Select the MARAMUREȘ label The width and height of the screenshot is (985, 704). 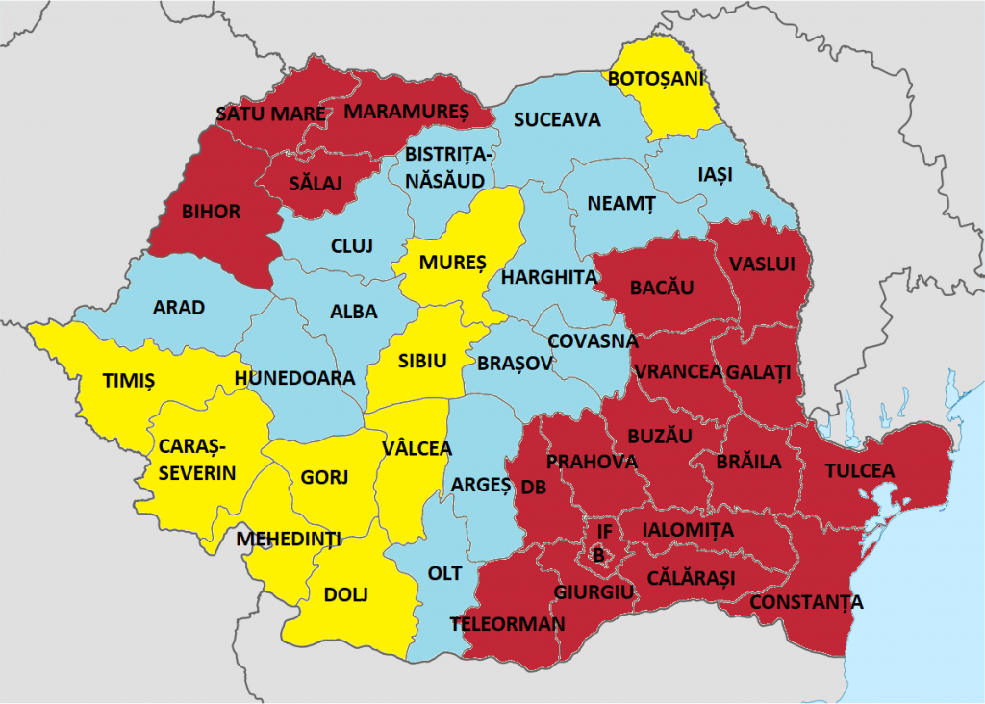406,112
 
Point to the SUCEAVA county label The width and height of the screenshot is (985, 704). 556,120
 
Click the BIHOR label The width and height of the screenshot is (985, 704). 211,212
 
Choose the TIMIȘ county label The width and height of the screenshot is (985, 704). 128,381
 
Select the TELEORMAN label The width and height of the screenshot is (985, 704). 507,624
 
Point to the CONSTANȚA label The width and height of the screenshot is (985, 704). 806,603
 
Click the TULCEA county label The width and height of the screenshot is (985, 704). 860,470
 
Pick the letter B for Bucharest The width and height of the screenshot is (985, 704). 598,555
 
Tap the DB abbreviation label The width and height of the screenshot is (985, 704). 534,488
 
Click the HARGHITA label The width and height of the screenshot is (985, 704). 549,277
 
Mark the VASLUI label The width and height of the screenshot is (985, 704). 769,264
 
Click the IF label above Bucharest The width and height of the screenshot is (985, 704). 604,531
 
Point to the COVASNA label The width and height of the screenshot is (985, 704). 592,340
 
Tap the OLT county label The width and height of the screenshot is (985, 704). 445,573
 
